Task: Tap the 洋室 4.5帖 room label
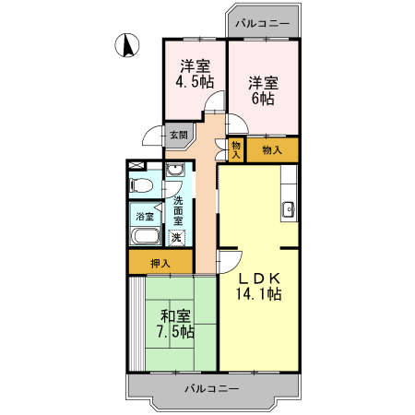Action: coord(195,74)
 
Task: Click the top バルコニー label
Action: coord(262,23)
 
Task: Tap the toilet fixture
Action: coord(141,185)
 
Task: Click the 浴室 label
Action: coord(145,217)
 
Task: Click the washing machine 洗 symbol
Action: coord(176,238)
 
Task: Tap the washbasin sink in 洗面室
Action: coord(175,172)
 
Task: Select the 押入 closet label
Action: coord(160,264)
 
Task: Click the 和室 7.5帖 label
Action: coord(173,323)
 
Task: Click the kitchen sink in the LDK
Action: coord(288,208)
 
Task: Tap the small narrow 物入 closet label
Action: coord(236,149)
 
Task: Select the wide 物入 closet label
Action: coord(271,149)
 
